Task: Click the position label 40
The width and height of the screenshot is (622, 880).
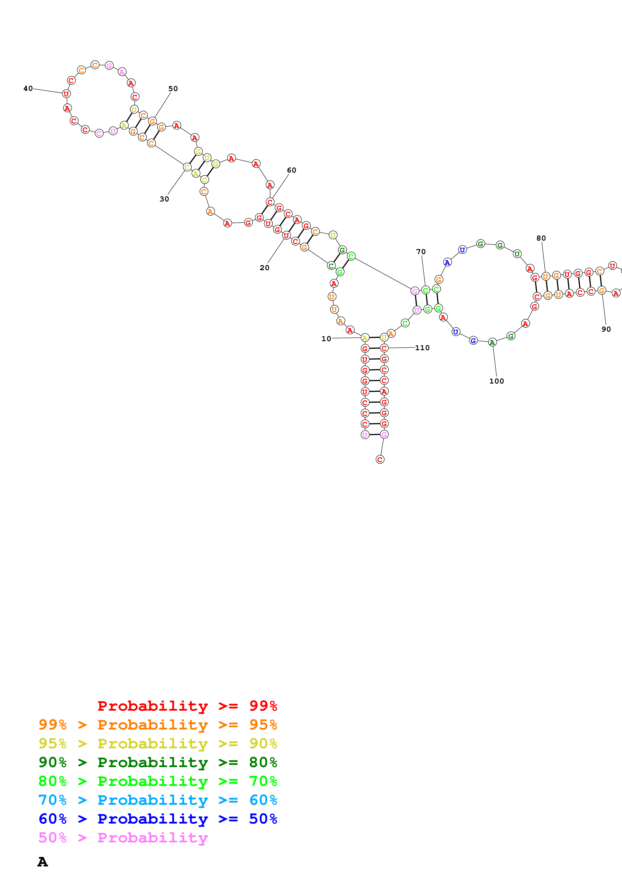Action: pos(28,89)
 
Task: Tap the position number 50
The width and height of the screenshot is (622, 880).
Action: pos(173,89)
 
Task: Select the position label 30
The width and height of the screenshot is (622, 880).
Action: pos(164,199)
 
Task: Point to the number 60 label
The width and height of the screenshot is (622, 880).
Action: pos(292,170)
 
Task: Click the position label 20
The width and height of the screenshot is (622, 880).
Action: pos(264,267)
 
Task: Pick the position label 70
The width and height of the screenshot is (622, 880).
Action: pos(421,251)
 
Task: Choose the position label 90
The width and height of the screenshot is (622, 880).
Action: pos(606,329)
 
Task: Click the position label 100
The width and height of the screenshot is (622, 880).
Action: pos(497,381)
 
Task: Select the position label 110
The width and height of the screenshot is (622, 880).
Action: pos(422,348)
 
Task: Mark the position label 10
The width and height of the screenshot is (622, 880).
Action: pos(326,338)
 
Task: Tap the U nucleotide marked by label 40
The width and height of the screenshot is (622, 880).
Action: pos(66,94)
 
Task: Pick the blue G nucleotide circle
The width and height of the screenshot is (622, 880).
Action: pos(473,340)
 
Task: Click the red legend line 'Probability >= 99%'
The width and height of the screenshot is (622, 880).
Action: pos(187,706)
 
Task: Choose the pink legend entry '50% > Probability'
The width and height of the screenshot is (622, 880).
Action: pos(123,837)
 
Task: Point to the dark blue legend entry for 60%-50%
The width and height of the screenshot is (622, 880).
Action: pos(158,819)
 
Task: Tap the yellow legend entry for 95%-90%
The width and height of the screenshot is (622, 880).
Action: pos(158,743)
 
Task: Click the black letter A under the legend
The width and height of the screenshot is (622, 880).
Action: pos(43,862)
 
